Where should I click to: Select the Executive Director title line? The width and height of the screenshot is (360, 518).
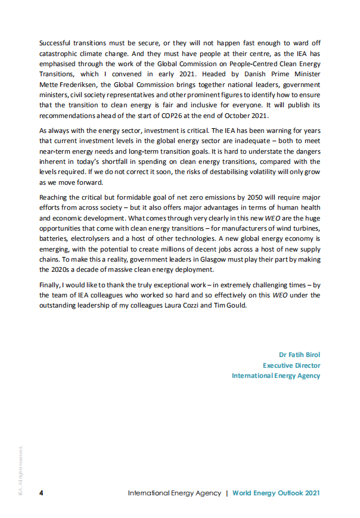coord(291,365)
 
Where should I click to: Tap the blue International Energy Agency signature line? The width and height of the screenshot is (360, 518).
coord(276,376)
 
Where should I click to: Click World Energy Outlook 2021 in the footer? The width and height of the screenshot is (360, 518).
coord(276,493)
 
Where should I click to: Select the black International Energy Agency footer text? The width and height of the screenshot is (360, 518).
coord(174,493)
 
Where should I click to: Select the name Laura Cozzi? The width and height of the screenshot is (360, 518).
coord(197,305)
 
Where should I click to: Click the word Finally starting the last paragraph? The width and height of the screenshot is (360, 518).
coord(51,284)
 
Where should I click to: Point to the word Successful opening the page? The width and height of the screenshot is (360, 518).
coord(55,44)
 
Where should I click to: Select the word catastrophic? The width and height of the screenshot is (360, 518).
coord(60,54)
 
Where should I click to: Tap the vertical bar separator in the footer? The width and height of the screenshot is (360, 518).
coord(226,493)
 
